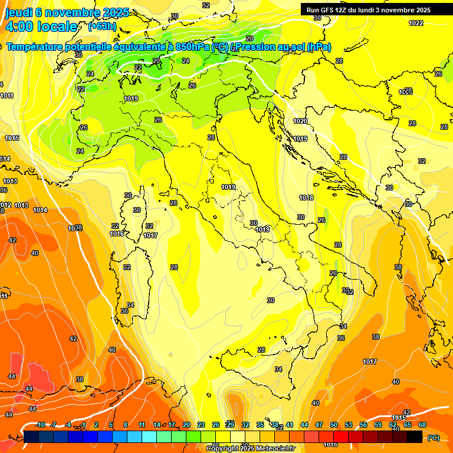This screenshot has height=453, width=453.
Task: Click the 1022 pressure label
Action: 416,23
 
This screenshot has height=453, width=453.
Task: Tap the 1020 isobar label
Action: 300,121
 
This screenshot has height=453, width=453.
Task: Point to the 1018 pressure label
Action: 306,198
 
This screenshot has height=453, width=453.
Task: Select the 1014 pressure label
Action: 40,211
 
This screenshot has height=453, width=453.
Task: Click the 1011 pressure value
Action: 7,96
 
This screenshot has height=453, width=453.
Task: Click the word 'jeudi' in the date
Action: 18,12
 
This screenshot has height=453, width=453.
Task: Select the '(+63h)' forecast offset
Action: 103,27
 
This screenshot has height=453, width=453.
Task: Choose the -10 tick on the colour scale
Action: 40,425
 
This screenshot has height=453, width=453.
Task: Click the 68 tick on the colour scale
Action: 422,425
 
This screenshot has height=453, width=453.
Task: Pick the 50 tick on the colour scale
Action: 334,425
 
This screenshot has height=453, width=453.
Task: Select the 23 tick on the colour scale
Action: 201,425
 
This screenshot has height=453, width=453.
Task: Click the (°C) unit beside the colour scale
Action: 434,437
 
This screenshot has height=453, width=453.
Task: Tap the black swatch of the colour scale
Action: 415,436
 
